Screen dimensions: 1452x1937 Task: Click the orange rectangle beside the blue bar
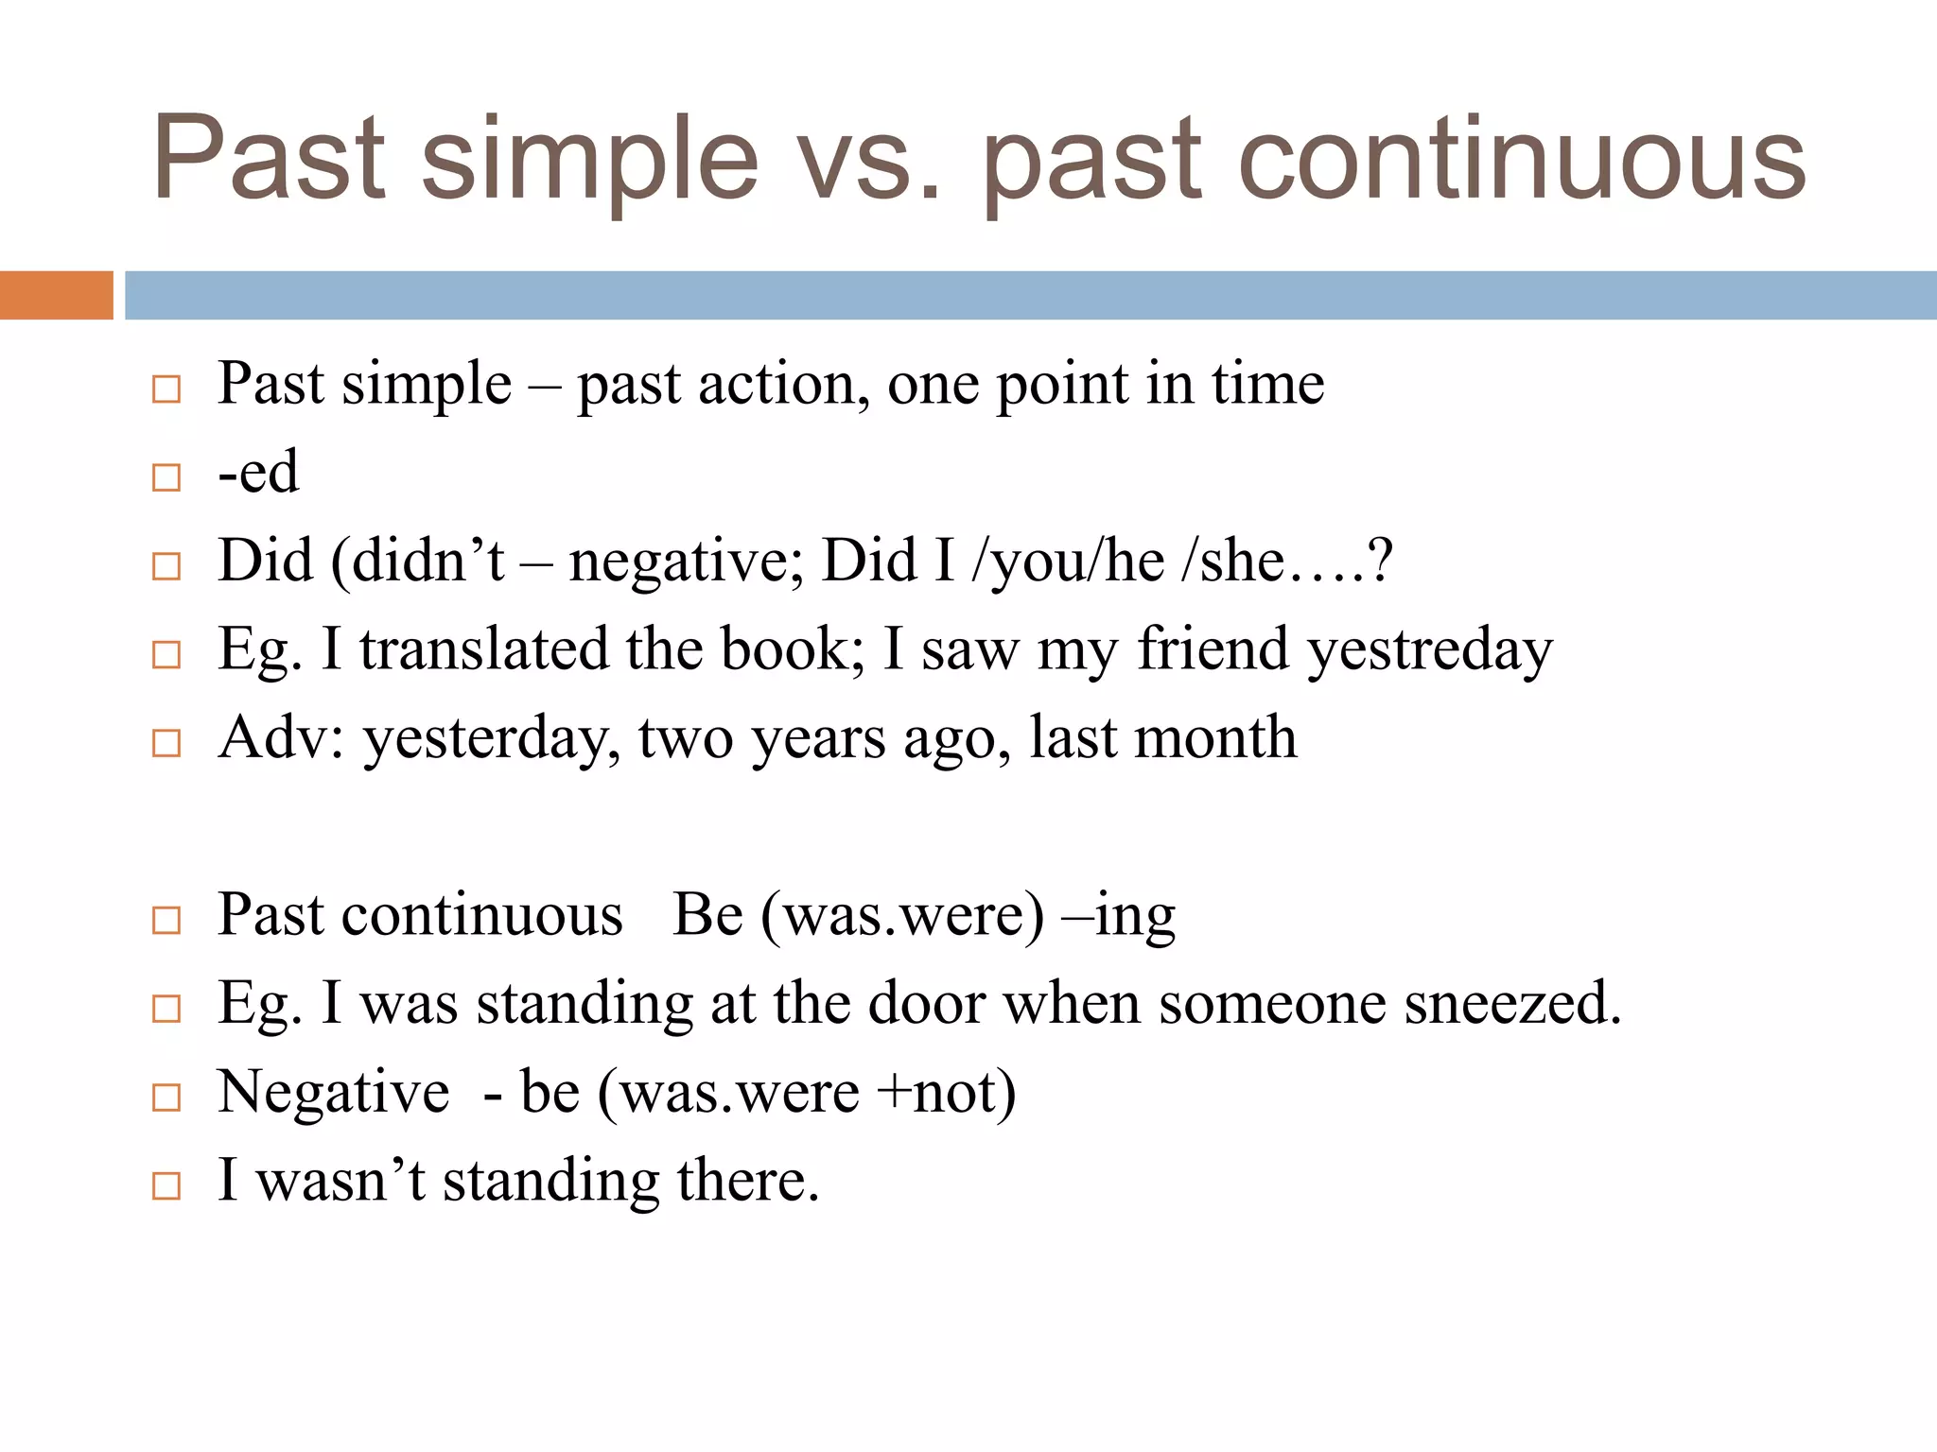click(x=56, y=295)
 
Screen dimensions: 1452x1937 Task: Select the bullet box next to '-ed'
click(x=166, y=477)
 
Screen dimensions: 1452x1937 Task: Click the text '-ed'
click(x=258, y=472)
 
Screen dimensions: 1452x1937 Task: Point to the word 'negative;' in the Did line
click(x=686, y=562)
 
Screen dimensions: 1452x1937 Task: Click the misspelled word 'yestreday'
click(x=1429, y=651)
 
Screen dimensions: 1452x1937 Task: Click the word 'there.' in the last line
click(x=747, y=1181)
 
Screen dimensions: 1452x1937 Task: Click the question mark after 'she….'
click(x=1380, y=561)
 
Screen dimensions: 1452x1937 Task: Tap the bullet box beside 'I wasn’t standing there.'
click(x=166, y=1185)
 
